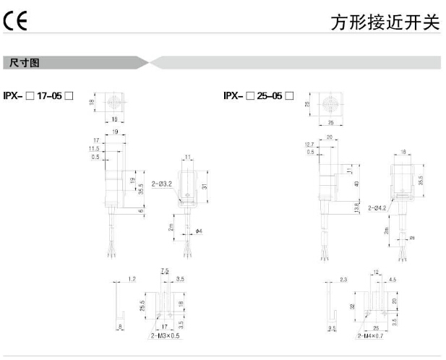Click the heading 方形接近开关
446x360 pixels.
pos(385,22)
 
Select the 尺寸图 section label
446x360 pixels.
pos(25,64)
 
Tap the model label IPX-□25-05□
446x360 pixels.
pos(258,95)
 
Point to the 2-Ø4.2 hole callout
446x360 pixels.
pos(378,207)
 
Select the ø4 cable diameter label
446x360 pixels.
pos(200,231)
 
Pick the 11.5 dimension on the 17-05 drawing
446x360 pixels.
pos(95,148)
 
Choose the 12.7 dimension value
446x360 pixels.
pos(310,145)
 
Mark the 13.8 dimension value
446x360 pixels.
pos(356,207)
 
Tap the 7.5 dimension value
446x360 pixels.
pos(165,270)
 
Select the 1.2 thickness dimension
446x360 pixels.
pos(132,278)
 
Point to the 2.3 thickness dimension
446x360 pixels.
pos(344,278)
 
